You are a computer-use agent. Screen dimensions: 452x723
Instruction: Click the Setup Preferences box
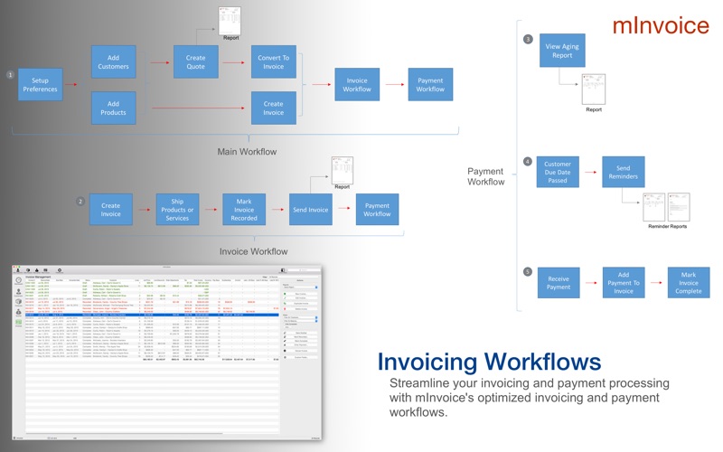(40, 85)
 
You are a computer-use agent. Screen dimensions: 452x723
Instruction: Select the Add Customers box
(113, 61)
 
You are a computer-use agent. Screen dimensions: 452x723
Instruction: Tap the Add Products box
(113, 108)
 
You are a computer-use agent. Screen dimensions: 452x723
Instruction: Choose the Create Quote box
(196, 61)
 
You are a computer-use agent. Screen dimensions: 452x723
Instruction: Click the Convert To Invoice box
(273, 61)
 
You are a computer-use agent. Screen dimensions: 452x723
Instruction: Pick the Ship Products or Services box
(177, 210)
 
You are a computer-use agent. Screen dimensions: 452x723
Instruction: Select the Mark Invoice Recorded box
(244, 210)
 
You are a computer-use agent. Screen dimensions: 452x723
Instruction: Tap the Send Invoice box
(311, 210)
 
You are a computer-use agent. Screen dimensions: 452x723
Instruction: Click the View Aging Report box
(562, 49)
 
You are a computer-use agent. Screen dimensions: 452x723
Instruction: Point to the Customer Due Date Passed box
(558, 171)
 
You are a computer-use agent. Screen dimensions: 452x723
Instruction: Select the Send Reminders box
(624, 171)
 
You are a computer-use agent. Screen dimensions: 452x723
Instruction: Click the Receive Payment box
(559, 283)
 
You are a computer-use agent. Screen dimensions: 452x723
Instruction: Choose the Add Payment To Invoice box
(624, 283)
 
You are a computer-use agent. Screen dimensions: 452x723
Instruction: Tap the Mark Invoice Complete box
(689, 283)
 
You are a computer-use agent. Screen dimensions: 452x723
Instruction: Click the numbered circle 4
(528, 162)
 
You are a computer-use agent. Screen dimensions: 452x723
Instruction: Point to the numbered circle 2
(80, 201)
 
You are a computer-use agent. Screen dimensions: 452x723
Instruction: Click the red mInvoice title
(661, 24)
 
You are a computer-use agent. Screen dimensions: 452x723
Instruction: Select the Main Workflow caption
(248, 151)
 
